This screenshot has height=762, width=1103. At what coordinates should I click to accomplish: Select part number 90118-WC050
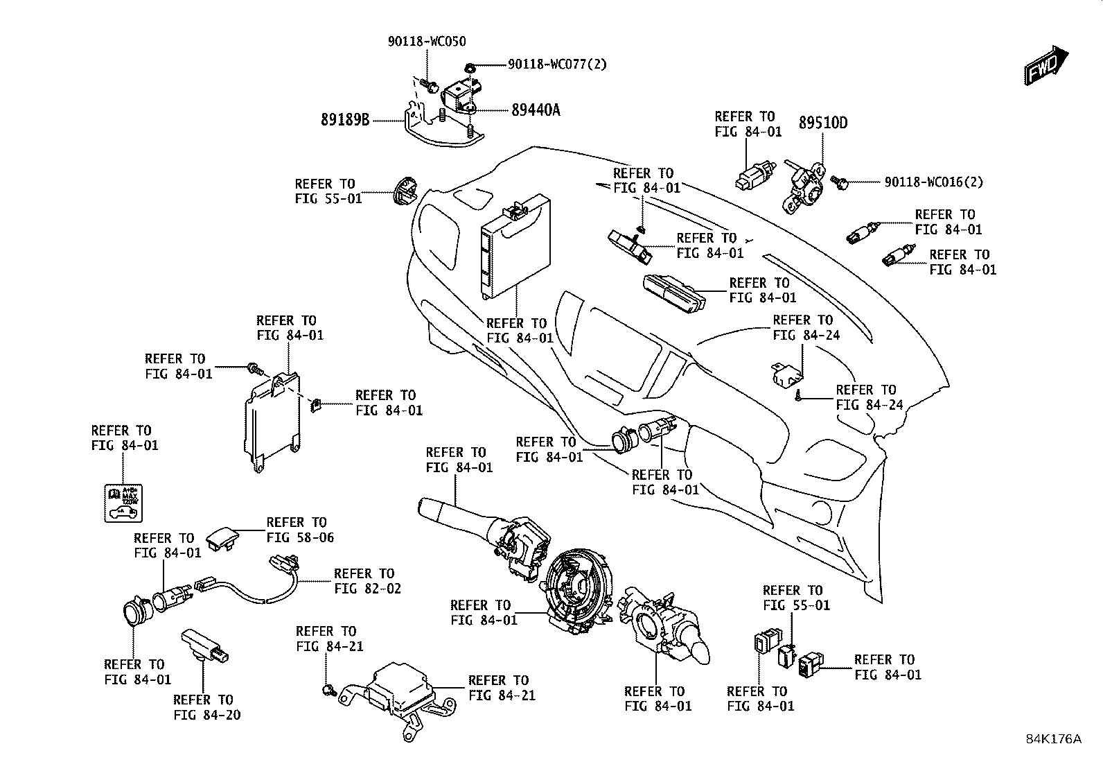tap(426, 42)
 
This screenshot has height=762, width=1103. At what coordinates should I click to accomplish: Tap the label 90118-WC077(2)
tap(558, 64)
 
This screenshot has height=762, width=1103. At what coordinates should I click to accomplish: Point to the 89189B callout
tap(345, 119)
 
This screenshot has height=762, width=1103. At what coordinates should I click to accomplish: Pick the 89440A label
tap(536, 110)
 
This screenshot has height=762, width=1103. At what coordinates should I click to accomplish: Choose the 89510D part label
tap(823, 123)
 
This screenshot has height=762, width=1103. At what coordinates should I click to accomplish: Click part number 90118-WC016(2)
tap(934, 182)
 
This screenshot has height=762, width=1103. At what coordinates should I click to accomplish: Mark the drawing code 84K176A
tap(1054, 739)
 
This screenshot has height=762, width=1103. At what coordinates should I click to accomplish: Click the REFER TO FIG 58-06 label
tap(300, 530)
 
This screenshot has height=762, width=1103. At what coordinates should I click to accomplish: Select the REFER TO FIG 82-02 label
tap(367, 581)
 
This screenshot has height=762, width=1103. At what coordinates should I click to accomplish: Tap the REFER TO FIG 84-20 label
tap(206, 707)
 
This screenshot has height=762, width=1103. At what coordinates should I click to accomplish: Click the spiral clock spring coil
tap(578, 589)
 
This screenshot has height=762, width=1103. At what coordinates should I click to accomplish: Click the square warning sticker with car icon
tap(123, 503)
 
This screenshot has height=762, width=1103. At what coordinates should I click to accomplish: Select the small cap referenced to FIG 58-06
tap(222, 538)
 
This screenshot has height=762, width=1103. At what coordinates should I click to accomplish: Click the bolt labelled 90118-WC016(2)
tap(840, 183)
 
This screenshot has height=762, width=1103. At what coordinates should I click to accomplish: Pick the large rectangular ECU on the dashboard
tap(515, 245)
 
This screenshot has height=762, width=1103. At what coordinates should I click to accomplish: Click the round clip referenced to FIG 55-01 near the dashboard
tap(405, 191)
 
